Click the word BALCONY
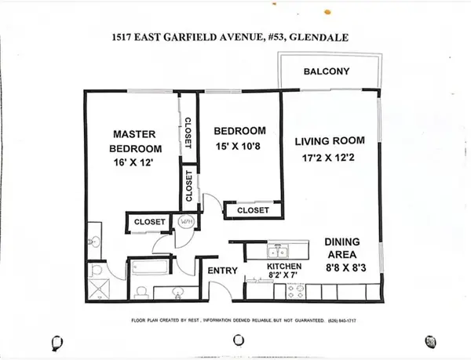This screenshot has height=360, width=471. [x=327, y=73]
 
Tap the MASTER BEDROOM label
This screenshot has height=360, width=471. [x=136, y=141]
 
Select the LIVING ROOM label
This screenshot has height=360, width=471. [x=330, y=141]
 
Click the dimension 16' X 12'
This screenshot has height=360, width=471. [x=136, y=163]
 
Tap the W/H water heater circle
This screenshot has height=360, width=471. [x=187, y=222]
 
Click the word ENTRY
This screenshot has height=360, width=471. [x=221, y=271]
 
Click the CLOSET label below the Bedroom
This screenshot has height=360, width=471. [x=252, y=210]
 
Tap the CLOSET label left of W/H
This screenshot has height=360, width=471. [x=149, y=222]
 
